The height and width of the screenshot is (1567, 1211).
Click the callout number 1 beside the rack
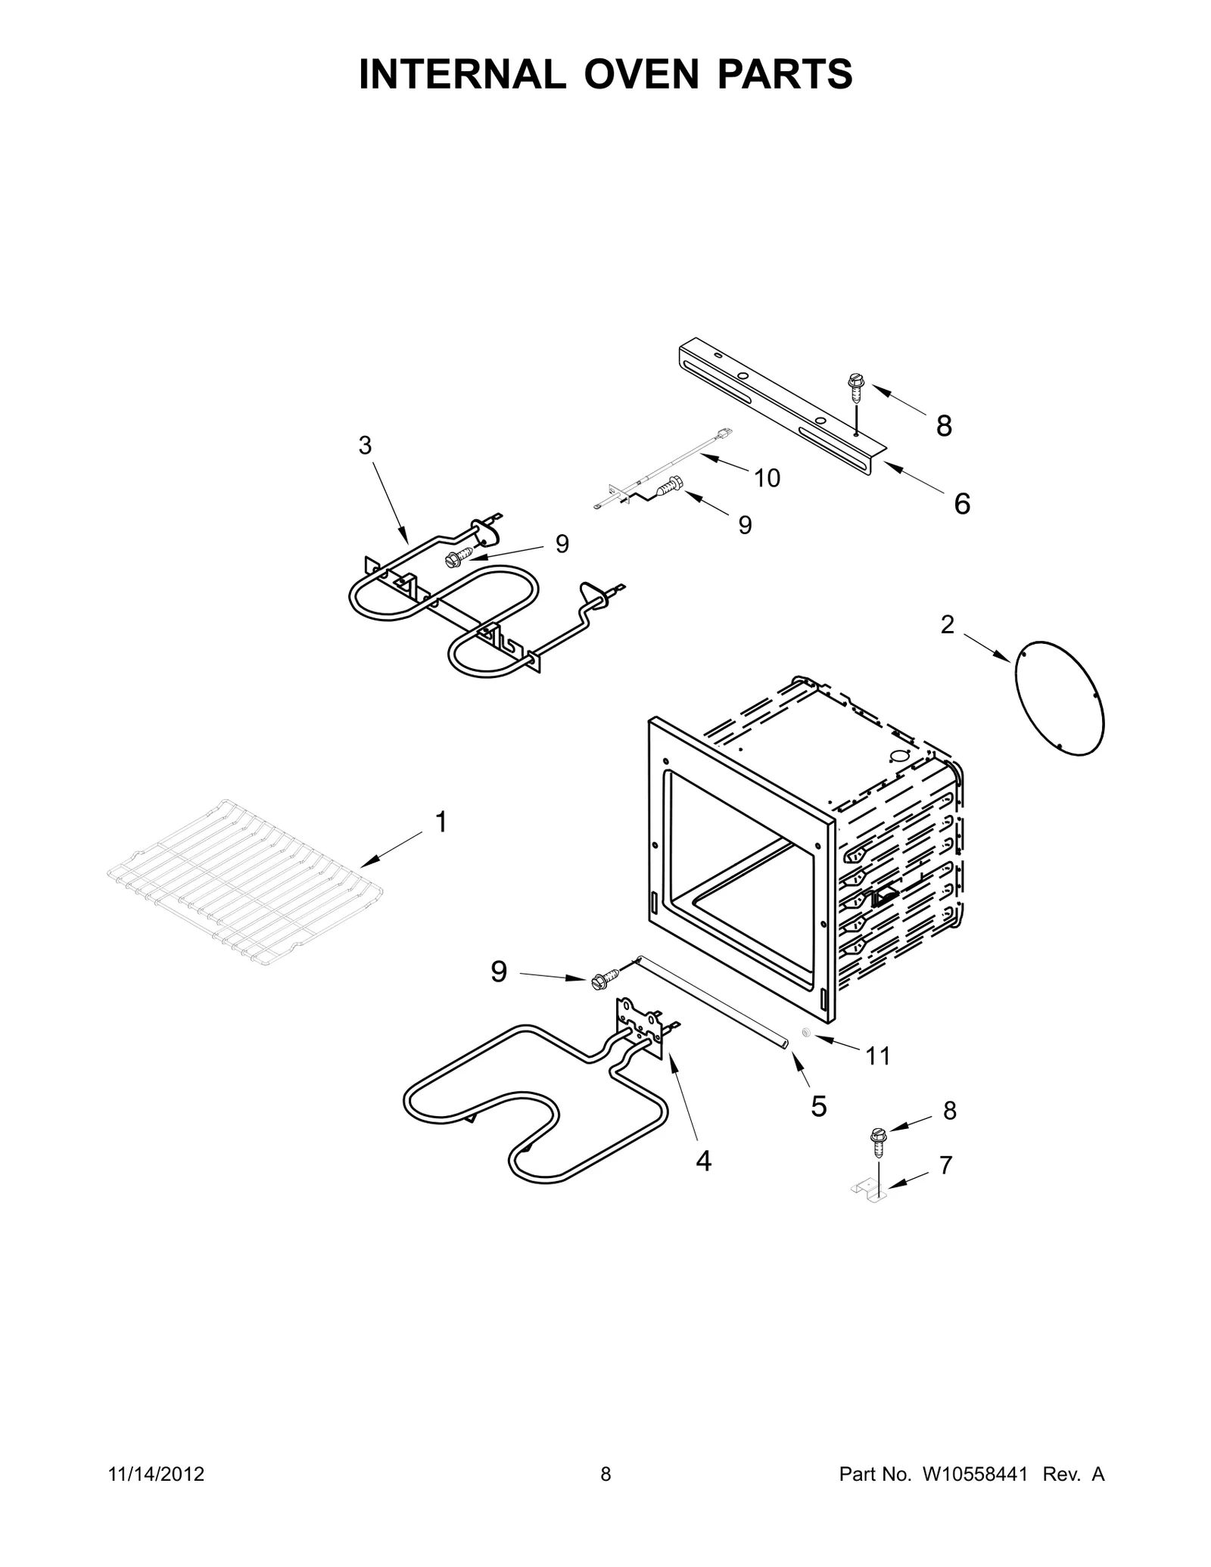click(x=441, y=822)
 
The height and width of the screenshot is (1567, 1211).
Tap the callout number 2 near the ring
click(x=947, y=625)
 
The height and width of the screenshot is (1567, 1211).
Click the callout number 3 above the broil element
click(x=365, y=446)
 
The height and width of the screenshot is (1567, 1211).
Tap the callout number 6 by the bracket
click(x=961, y=504)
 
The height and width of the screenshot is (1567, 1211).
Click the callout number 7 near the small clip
click(x=945, y=1166)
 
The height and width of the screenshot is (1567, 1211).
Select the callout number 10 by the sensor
click(x=767, y=478)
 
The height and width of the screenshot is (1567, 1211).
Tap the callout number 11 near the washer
click(x=877, y=1056)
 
